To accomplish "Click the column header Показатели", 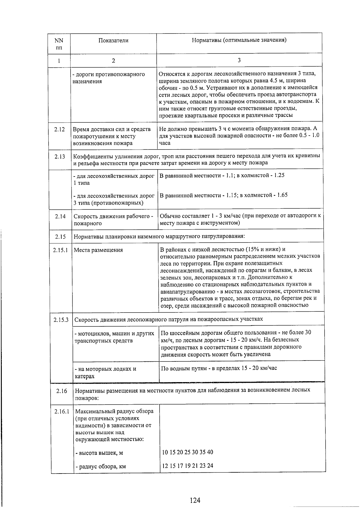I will coord(113,40).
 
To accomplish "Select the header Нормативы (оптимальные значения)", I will coord(239,40).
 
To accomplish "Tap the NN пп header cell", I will coord(59,44).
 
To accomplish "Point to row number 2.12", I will coord(59,129).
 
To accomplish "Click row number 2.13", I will coord(60,156).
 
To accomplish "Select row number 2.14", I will coord(60,216).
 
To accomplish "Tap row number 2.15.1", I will coord(61,250).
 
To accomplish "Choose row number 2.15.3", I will coord(61,319).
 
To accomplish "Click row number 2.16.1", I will coord(62,411).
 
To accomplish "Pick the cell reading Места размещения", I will coord(98,250).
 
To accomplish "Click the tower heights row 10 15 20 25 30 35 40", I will coord(187,452).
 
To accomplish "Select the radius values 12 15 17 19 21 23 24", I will coord(187,466).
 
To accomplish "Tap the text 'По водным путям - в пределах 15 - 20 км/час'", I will coord(219,368).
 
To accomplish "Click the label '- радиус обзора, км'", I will coord(100,466).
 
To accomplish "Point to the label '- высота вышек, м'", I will coord(99,453).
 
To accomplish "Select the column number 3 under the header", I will coord(239,60).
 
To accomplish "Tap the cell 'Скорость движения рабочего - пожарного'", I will coord(113,219).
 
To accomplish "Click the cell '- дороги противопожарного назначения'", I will coord(109,78).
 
